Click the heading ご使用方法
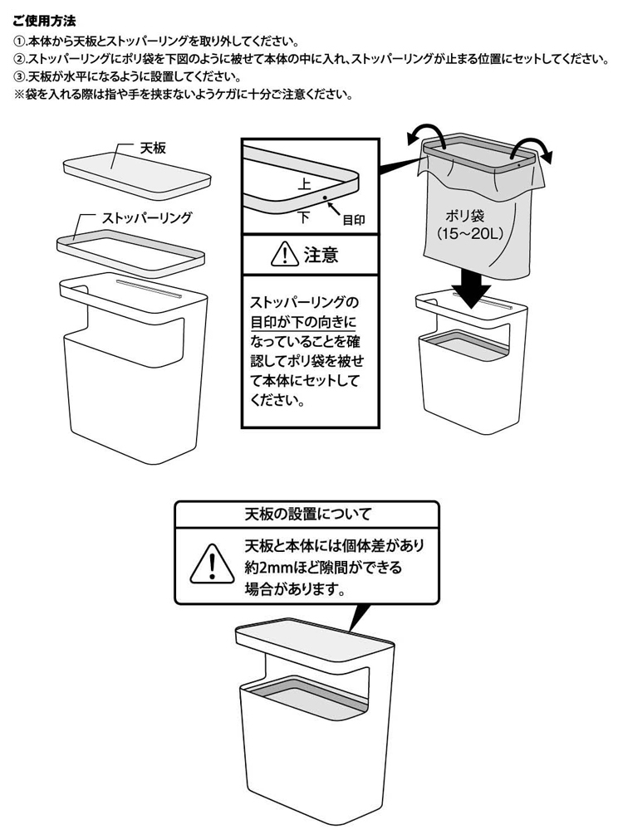[47, 19]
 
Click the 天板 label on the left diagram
[153, 148]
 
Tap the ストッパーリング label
[147, 217]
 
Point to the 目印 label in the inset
[354, 220]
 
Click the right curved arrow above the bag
[530, 149]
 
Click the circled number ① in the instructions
[20, 41]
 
